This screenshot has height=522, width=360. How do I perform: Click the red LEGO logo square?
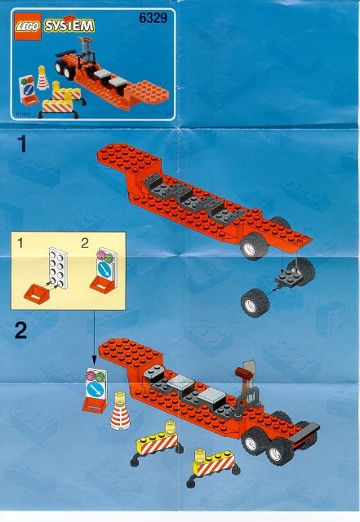pyautogui.click(x=25, y=26)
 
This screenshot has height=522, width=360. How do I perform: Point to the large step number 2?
pyautogui.click(x=23, y=332)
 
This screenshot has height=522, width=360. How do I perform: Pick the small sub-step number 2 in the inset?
pyautogui.click(x=84, y=242)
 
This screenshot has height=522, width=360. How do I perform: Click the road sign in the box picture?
pyautogui.click(x=26, y=87)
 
